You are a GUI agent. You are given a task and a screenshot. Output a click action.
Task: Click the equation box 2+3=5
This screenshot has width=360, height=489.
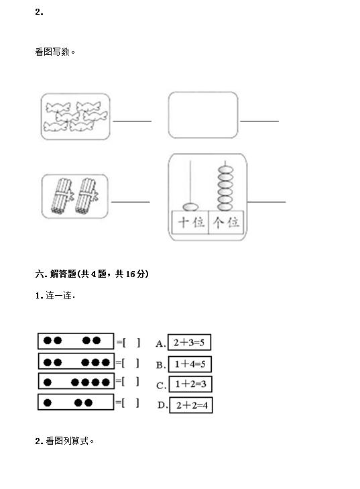189,342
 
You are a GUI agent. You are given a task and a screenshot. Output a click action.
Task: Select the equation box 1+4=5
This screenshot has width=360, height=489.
190,364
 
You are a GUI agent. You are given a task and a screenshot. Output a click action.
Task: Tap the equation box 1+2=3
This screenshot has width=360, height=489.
190,384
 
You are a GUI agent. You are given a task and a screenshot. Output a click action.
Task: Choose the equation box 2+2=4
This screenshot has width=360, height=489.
191,405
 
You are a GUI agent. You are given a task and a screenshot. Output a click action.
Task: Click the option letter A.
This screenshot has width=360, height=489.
160,343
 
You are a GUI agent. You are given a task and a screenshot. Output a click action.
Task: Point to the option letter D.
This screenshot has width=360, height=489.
162,405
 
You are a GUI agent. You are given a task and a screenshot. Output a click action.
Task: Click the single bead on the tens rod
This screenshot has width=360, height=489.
190,207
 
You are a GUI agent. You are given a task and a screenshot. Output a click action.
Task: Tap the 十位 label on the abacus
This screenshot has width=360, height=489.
191,222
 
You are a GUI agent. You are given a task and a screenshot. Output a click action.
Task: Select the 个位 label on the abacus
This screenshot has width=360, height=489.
226,222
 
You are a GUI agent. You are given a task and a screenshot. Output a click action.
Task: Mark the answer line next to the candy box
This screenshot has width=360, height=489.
132,121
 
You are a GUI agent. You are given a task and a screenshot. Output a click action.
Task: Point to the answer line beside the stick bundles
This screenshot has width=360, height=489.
130,202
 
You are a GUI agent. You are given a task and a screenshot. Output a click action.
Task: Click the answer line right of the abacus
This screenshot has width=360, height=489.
267,202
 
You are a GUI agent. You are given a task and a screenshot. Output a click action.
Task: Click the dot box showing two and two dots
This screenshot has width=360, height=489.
76,341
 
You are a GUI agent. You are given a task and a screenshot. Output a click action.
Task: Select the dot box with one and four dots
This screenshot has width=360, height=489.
76,381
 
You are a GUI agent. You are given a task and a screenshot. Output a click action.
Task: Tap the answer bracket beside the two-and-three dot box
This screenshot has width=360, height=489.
128,363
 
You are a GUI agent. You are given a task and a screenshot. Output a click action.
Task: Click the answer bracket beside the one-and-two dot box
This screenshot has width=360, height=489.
128,403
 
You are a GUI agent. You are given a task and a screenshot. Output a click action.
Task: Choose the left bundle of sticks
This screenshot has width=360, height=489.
62,196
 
